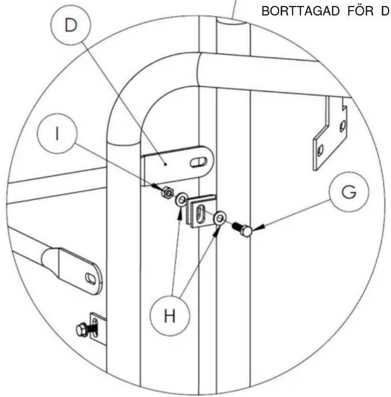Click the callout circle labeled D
tap(71, 25)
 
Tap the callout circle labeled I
tap(57, 133)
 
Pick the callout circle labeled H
tap(170, 316)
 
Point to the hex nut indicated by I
tap(168, 192)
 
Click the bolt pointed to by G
tap(242, 229)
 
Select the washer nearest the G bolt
tap(220, 217)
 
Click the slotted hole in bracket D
tap(198, 162)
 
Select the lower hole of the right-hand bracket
tap(320, 150)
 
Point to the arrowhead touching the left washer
tap(180, 213)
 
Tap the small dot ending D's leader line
tap(166, 164)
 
